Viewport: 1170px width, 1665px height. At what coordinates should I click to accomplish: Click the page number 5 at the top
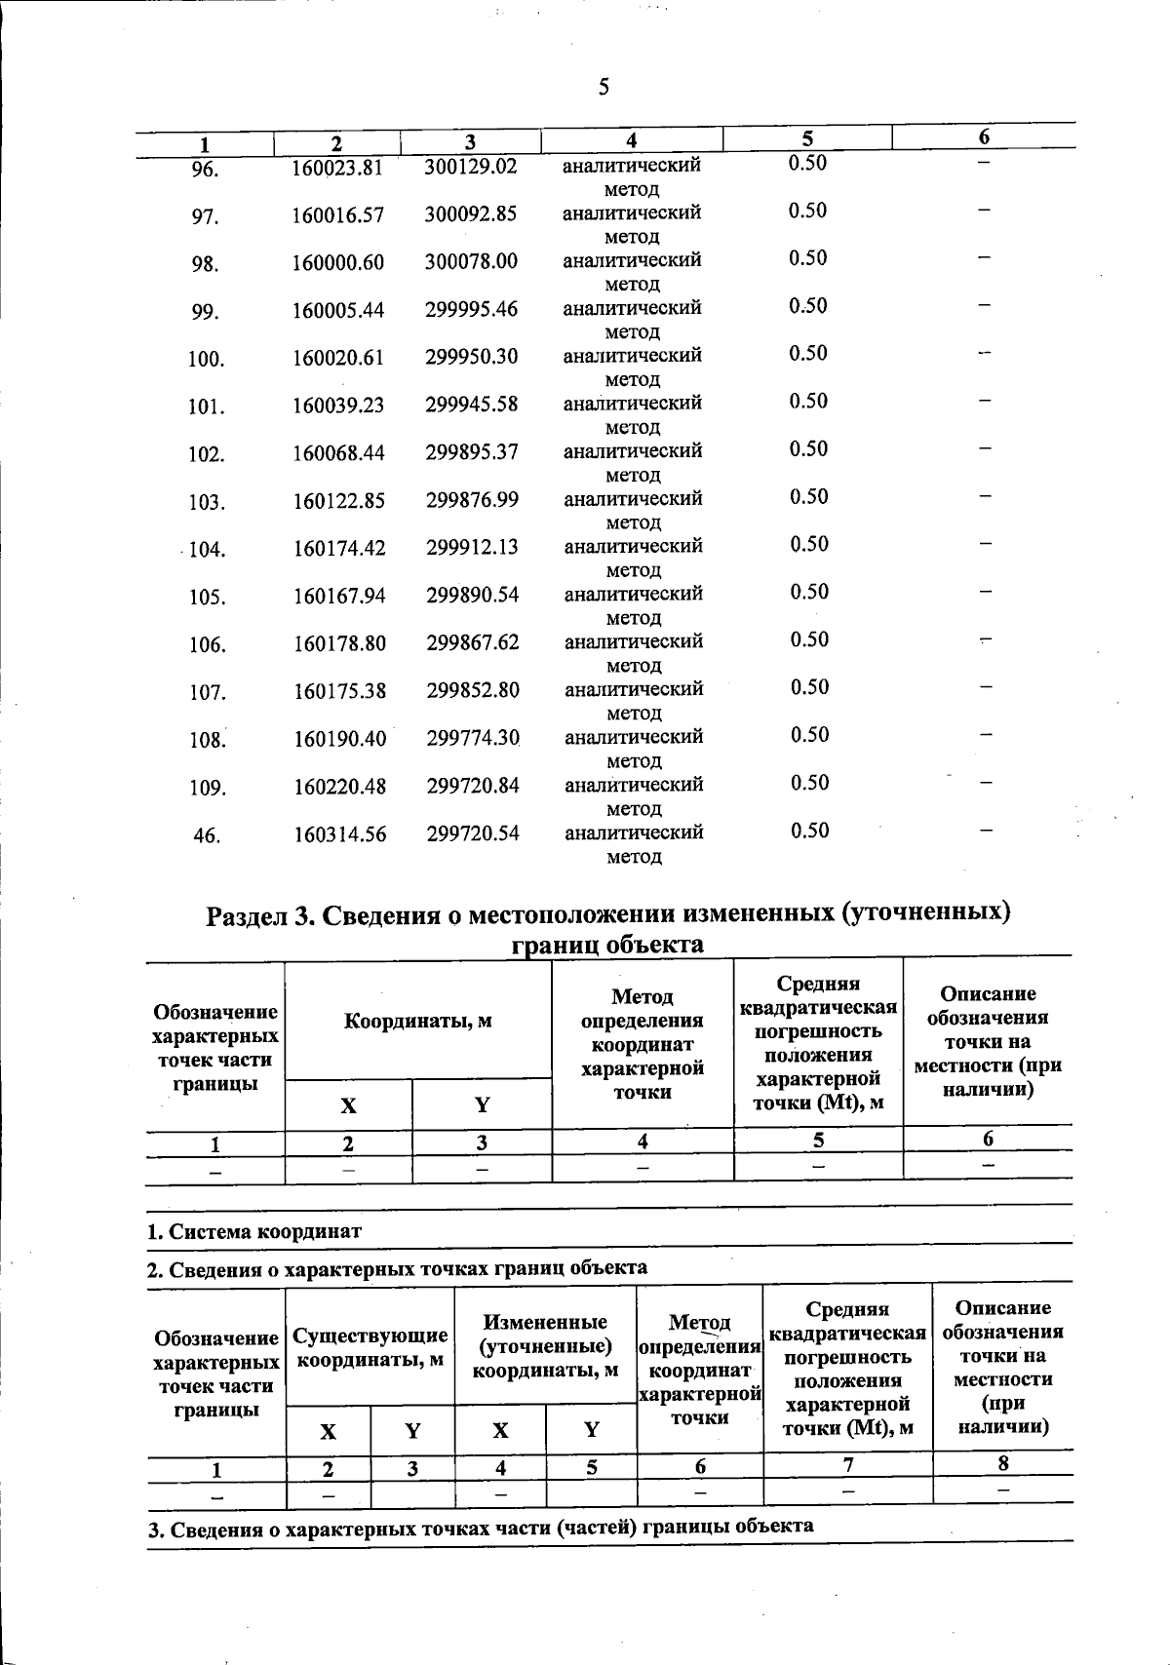point(604,88)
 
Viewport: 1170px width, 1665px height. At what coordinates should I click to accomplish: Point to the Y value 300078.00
point(471,262)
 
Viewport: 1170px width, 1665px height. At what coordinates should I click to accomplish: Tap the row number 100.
point(207,360)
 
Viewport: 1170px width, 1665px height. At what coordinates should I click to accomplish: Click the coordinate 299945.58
point(471,405)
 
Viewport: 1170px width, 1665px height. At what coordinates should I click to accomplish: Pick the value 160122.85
point(339,502)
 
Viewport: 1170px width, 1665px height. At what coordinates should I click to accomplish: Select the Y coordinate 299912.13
point(472,548)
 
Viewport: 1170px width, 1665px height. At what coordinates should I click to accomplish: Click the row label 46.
point(206,835)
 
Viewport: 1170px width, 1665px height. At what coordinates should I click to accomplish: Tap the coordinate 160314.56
point(340,834)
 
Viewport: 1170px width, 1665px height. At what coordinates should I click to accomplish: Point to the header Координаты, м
point(417,1022)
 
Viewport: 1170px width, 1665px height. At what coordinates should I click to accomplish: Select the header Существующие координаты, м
point(370,1347)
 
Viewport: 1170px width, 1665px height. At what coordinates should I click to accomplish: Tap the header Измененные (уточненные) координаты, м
point(545,1346)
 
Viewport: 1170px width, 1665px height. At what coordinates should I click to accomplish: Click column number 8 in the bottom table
point(1002,1463)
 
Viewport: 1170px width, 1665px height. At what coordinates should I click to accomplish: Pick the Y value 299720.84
point(473,786)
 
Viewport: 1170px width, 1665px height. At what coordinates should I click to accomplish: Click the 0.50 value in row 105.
point(809,592)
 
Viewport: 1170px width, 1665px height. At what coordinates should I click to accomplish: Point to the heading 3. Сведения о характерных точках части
point(481,1527)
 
